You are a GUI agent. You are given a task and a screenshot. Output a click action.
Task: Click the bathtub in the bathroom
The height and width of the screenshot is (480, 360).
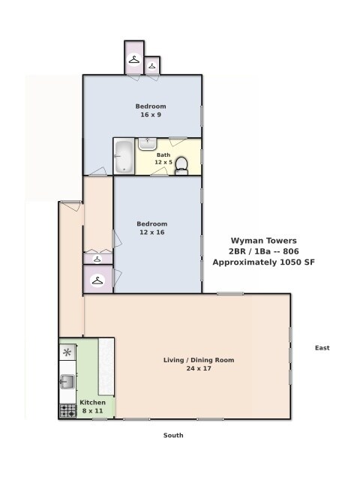[124, 157]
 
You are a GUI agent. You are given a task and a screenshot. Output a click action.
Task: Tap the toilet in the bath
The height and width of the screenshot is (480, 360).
[181, 166]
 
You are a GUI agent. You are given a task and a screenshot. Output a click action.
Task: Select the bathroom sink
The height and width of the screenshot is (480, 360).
[148, 144]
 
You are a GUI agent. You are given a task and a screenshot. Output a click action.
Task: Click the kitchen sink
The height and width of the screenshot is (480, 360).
[67, 382]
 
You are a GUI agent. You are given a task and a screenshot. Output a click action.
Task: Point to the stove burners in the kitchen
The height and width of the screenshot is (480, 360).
[67, 411]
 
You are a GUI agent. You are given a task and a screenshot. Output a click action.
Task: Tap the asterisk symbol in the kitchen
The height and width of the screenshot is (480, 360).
[67, 352]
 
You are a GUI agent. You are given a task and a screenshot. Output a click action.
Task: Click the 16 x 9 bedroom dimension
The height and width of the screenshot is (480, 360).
[151, 115]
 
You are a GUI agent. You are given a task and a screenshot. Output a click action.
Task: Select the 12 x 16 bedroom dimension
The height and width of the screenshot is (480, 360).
[152, 232]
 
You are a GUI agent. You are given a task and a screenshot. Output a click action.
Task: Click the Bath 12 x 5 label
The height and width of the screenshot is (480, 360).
[163, 158]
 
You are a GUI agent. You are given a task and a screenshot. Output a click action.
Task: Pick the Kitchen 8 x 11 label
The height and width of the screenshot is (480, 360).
[92, 406]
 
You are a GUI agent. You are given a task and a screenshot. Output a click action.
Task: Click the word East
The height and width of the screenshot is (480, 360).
[322, 348]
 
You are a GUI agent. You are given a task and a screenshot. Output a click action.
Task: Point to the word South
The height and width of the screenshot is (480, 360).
[173, 435]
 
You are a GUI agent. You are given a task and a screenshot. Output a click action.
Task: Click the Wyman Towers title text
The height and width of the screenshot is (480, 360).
[264, 241]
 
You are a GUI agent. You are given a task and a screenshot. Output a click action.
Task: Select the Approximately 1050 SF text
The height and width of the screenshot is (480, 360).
[264, 262]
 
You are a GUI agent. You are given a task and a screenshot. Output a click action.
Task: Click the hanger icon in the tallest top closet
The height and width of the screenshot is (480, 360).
[134, 59]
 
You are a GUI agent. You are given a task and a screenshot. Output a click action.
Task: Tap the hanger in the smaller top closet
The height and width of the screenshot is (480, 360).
[152, 65]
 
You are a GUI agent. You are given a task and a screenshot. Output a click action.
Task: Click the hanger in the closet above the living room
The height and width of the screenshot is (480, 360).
[97, 280]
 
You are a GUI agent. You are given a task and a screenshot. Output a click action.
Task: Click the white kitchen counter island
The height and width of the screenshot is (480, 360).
[106, 367]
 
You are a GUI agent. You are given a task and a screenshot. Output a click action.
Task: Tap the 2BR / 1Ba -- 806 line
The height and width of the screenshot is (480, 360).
[264, 251]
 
